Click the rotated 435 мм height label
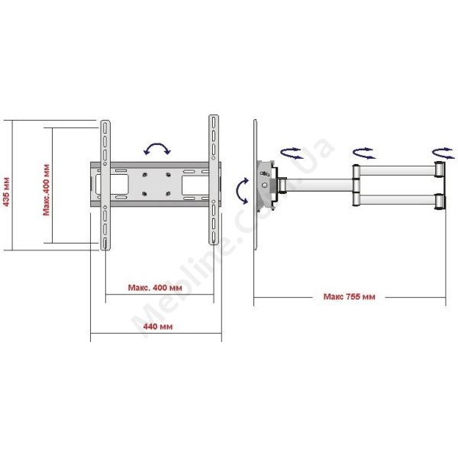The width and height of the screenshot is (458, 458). pos(6,192)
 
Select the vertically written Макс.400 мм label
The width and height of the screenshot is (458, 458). pos(46,190)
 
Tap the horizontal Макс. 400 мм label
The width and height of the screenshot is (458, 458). pos(155,288)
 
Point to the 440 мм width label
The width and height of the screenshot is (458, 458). pos(158,326)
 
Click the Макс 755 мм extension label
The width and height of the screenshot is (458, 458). pos(349,297)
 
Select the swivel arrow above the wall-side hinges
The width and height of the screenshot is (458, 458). pos(443,153)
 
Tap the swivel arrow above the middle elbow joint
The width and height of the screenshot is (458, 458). pos(364,153)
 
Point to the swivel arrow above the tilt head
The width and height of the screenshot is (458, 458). pos(292,153)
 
